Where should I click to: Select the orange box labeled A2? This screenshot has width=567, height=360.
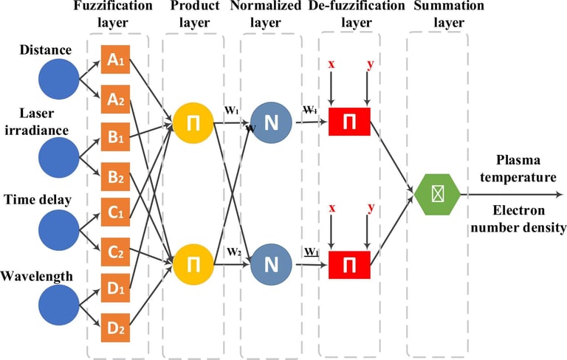114,99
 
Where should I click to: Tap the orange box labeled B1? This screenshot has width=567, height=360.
114,136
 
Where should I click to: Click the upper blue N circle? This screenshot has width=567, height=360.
271,122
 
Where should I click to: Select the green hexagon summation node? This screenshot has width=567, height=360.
437,195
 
